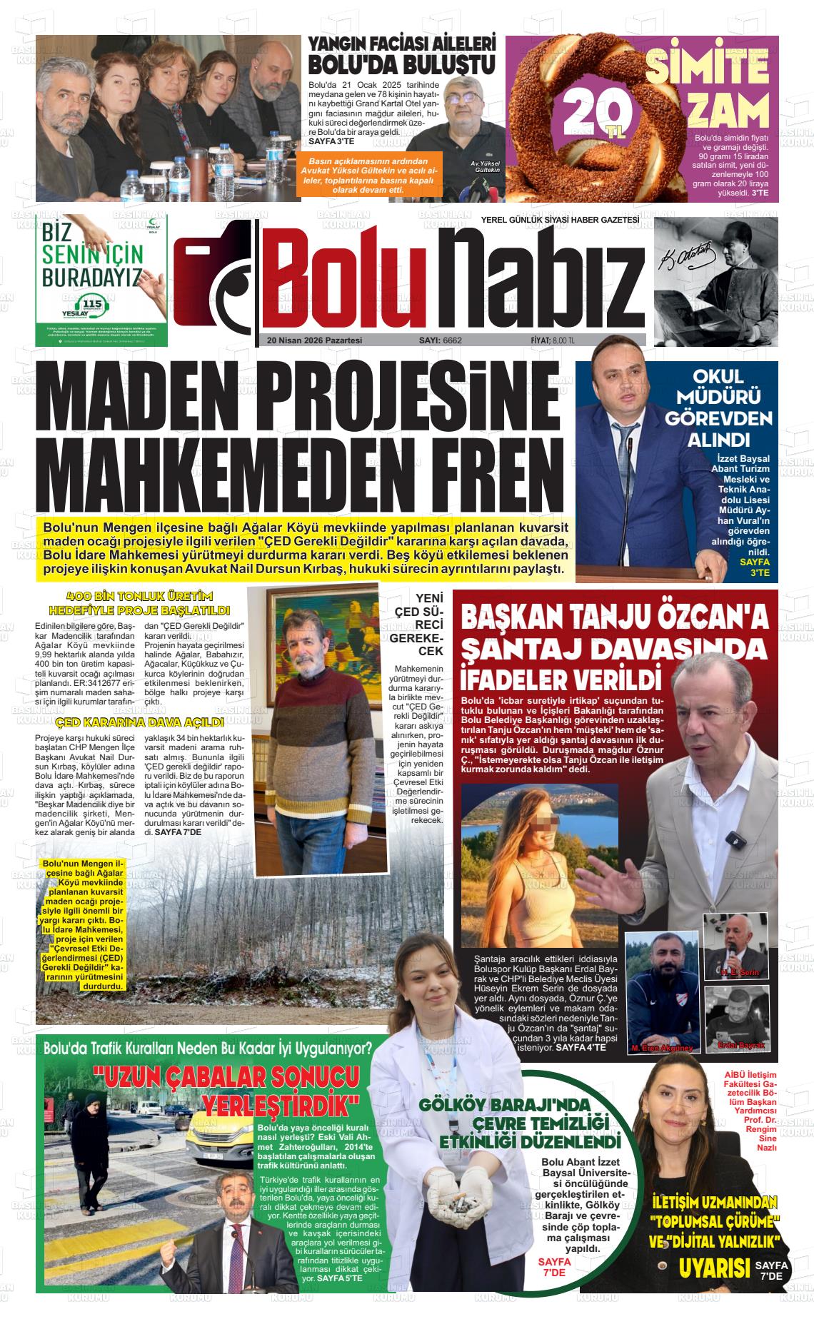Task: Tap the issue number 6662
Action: (x=452, y=340)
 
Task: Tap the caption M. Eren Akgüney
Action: (x=662, y=1048)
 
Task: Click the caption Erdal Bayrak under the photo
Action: (x=741, y=1045)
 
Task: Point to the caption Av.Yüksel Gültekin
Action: (x=486, y=167)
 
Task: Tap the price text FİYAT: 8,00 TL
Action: (x=553, y=340)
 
